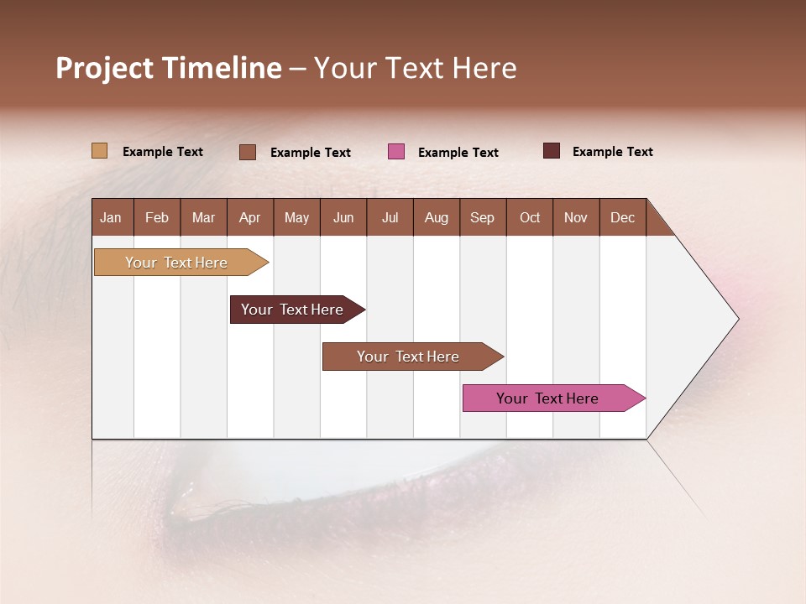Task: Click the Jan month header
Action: (111, 218)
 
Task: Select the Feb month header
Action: (157, 218)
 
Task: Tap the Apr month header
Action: (250, 218)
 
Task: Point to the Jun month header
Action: (343, 218)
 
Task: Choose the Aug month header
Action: (437, 218)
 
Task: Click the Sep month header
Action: (483, 218)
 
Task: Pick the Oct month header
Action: (530, 218)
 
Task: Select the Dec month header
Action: (623, 218)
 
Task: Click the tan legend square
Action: (99, 151)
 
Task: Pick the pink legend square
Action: (396, 152)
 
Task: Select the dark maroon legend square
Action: (552, 151)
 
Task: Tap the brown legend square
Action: (248, 152)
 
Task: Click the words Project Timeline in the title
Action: (169, 68)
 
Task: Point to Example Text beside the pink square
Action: (458, 153)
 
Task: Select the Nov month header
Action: (576, 218)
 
